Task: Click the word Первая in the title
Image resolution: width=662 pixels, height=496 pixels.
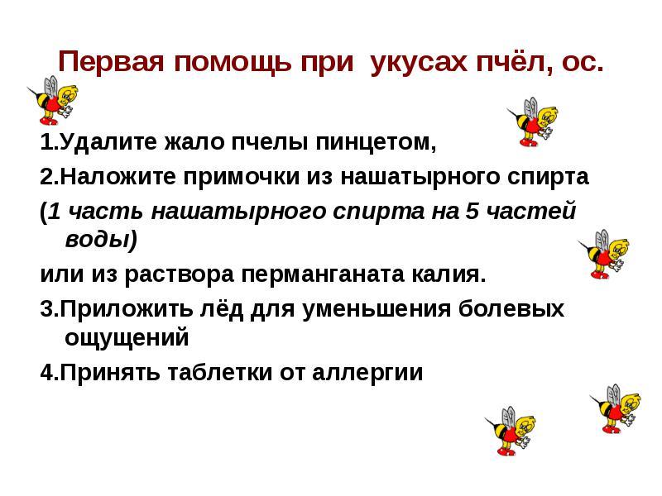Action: (x=111, y=61)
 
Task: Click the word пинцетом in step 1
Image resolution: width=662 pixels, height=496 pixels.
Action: (x=376, y=142)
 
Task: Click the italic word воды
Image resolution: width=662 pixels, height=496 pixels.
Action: (x=98, y=240)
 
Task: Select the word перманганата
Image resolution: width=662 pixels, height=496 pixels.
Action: (x=322, y=275)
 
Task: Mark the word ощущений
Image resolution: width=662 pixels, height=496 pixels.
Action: (x=127, y=338)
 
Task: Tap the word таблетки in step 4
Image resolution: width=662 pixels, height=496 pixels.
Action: (x=220, y=373)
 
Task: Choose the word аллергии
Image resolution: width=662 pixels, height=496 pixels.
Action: (x=367, y=374)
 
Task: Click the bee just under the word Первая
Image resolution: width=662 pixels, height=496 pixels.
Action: (x=53, y=100)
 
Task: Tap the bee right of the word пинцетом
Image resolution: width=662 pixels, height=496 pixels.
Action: (x=533, y=122)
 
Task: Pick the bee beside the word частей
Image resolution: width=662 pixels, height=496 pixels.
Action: (x=604, y=255)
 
